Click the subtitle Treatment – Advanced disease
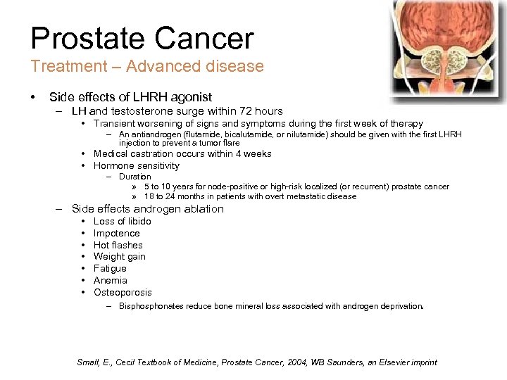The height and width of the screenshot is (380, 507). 146,67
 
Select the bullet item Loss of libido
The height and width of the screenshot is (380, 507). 122,221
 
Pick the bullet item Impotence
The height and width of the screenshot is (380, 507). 116,233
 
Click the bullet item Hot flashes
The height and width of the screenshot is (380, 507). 118,245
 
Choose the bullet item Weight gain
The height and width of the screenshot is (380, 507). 119,257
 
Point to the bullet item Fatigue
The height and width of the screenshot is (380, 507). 110,268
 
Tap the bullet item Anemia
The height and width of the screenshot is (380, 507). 110,280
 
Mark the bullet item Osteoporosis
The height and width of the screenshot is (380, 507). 123,292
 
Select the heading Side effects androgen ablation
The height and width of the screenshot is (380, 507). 147,208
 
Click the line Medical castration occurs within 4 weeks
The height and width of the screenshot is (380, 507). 182,153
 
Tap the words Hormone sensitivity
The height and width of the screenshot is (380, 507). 136,165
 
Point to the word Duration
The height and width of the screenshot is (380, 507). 134,177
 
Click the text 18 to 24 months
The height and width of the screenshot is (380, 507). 174,196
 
